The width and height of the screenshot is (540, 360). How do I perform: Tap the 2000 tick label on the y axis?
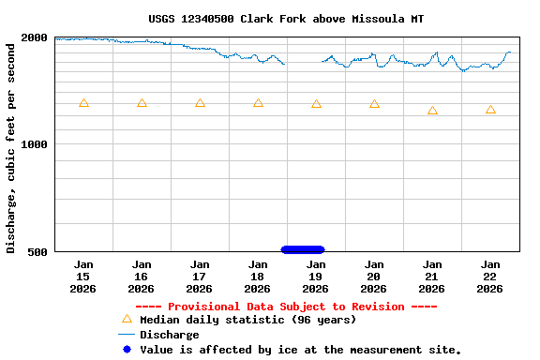(34, 37)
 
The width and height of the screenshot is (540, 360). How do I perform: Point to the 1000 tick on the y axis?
(34, 144)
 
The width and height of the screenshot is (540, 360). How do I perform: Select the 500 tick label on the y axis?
(37, 251)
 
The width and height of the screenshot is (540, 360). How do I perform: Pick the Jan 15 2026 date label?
(83, 277)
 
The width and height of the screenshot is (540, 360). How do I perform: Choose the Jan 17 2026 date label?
(200, 277)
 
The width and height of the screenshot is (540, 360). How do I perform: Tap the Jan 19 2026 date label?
(316, 277)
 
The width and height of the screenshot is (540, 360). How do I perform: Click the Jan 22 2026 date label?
(490, 277)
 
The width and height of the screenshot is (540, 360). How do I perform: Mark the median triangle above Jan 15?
(83, 103)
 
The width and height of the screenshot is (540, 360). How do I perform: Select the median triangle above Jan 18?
(258, 103)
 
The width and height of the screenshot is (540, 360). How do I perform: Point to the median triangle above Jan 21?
(432, 111)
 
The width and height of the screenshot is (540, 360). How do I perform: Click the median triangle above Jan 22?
(490, 110)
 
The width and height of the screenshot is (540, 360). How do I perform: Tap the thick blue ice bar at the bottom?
(303, 249)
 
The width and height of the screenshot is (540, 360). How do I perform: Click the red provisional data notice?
(286, 307)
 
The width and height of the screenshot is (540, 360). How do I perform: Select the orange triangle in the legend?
(127, 319)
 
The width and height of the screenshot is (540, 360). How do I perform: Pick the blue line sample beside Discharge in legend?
(127, 335)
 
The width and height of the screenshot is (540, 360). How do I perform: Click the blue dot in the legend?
(127, 350)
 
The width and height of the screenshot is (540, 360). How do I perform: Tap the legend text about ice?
(300, 350)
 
